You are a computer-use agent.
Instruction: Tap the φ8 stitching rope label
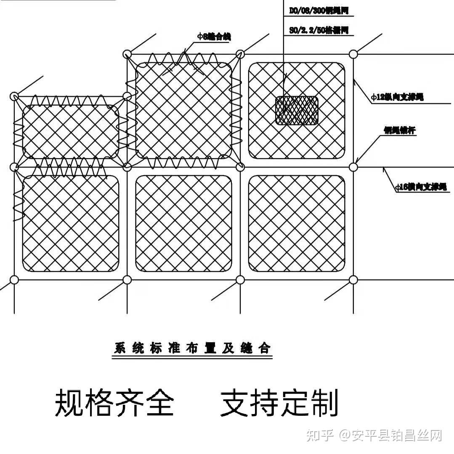[x=214, y=37]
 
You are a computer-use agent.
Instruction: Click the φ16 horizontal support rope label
[x=421, y=187]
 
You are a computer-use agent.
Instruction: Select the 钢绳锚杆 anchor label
[x=399, y=130]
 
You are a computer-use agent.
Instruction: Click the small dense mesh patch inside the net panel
[x=297, y=111]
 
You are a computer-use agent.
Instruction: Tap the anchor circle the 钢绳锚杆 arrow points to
[x=353, y=167]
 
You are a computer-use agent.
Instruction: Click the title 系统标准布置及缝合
[x=192, y=348]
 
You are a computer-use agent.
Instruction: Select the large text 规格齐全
[x=114, y=403]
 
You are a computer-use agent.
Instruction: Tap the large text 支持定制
[x=279, y=403]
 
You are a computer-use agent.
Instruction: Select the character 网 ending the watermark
[x=435, y=436]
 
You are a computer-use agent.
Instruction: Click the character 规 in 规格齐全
[x=69, y=403]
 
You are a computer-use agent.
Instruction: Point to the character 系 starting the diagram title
[x=121, y=348]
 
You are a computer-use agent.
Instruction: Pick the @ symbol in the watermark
[x=346, y=436]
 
